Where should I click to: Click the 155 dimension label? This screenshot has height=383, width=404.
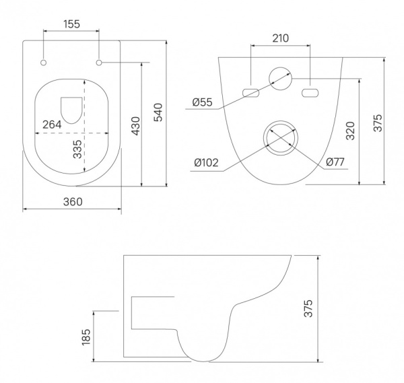[x=72, y=24]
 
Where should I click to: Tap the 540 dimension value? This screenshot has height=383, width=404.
[x=158, y=112]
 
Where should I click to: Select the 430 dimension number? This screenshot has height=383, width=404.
[x=135, y=126]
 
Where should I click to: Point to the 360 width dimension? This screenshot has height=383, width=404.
[x=73, y=202]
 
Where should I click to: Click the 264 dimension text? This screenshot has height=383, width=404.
[x=52, y=125]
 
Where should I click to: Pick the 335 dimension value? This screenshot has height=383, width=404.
[x=77, y=149]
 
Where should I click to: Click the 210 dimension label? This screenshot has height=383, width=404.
[x=281, y=38]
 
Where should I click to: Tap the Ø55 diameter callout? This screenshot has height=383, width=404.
[x=202, y=102]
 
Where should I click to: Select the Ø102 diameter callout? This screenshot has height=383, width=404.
[x=207, y=162]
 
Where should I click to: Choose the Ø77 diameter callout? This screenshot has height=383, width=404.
[x=335, y=162]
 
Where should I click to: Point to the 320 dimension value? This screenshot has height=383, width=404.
[x=350, y=131]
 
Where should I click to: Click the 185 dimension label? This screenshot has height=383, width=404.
[x=86, y=337]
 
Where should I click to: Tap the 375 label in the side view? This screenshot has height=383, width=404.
[x=308, y=308]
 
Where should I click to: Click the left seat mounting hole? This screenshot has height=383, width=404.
[x=44, y=63]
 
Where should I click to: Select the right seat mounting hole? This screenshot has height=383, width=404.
[x=99, y=63]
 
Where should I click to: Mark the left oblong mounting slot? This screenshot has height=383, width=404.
[x=250, y=93]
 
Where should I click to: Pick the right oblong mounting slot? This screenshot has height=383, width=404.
[x=310, y=93]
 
